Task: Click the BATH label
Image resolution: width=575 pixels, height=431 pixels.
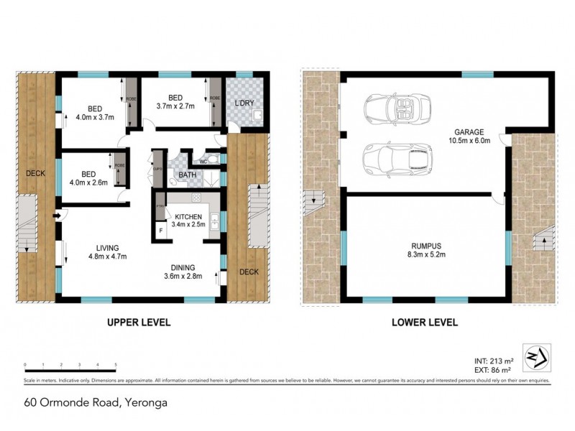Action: (187, 175)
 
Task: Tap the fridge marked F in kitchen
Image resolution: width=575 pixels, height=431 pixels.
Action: (160, 231)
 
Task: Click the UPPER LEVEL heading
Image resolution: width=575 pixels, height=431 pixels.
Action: (139, 323)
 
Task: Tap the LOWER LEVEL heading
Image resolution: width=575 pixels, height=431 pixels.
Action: (425, 323)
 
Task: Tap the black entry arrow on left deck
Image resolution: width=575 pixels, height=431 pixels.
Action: (57, 215)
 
